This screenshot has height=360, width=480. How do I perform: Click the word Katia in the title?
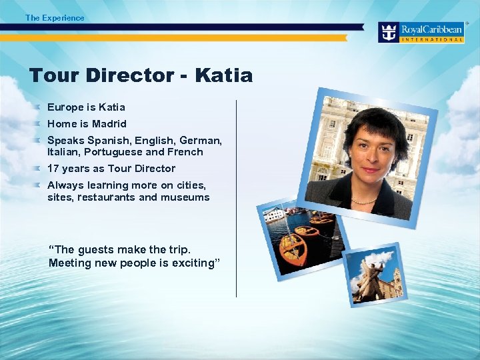click(224, 75)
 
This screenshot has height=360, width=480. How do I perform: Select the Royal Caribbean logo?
click(420, 32)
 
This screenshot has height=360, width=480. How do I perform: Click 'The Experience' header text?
click(55, 18)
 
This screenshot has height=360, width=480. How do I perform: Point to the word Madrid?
click(109, 124)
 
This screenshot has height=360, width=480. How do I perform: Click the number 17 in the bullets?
click(53, 169)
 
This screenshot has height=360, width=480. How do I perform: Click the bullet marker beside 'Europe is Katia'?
click(40, 107)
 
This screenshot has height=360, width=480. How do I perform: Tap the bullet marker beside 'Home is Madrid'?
click(40, 123)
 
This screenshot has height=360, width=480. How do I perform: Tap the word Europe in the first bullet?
click(65, 107)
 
